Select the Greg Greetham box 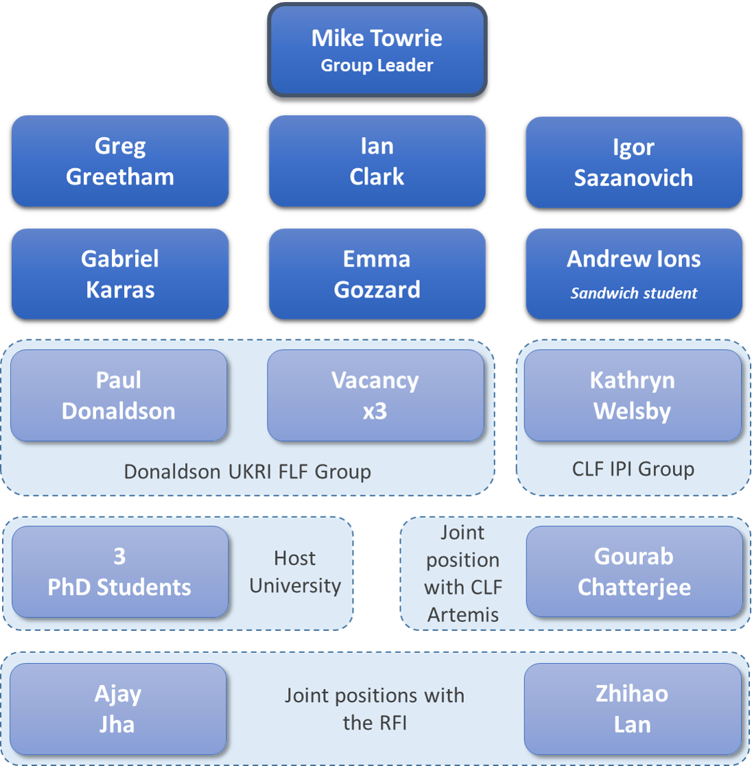point(120,161)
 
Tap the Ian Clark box point(377,161)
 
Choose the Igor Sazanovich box point(633,163)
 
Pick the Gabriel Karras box point(120,274)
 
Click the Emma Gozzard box point(377,274)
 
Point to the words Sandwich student point(633,294)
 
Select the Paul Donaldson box point(119,396)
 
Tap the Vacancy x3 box point(375,396)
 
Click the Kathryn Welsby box point(632,396)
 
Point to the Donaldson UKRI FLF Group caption point(247,472)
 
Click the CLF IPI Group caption point(633,469)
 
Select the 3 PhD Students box point(119,572)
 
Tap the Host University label point(295,572)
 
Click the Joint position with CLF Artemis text point(462,573)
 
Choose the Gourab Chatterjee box point(634,572)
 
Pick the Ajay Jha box point(117,709)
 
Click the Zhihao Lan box point(632,709)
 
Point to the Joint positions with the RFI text point(375,709)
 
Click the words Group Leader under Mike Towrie point(377,66)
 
